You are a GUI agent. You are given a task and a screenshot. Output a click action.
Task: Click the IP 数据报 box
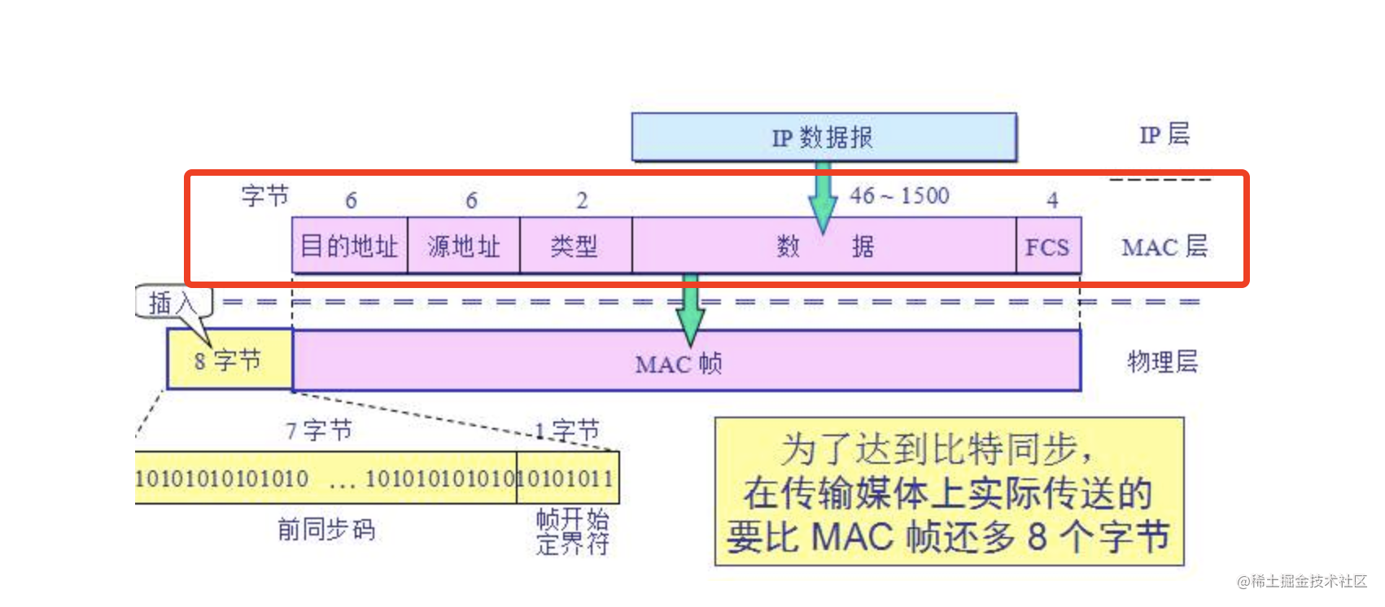pos(824,137)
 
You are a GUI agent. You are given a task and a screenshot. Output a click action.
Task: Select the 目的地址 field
pos(349,246)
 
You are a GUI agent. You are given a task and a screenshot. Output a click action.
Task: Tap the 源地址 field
pos(463,246)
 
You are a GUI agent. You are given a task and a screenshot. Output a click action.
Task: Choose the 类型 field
pos(575,246)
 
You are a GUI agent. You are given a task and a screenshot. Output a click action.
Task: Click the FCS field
pos(1047,247)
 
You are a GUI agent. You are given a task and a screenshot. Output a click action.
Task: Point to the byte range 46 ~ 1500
pos(899,196)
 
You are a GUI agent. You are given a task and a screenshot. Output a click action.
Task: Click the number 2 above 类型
pos(582,201)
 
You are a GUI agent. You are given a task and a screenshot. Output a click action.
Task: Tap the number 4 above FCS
pos(1052,200)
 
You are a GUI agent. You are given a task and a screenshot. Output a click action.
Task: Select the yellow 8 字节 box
pos(229,360)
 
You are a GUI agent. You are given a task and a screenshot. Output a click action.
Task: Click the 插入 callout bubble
pos(173,303)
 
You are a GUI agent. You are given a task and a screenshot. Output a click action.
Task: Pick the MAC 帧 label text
pos(678,364)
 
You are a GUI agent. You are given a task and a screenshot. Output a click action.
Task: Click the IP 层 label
pos(1164,134)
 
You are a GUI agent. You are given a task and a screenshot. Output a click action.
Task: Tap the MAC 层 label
pos(1164,247)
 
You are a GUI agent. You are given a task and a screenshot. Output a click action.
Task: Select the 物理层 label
pos(1162,362)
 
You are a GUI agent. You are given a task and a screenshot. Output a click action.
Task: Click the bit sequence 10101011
pos(567,478)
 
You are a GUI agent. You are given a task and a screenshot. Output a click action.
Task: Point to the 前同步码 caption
pos(326,530)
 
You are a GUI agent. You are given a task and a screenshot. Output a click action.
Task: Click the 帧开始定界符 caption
pos(572,531)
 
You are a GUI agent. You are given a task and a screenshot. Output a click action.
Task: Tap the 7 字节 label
pos(318,430)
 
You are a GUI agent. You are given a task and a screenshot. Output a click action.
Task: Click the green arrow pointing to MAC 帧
pos(690,309)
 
